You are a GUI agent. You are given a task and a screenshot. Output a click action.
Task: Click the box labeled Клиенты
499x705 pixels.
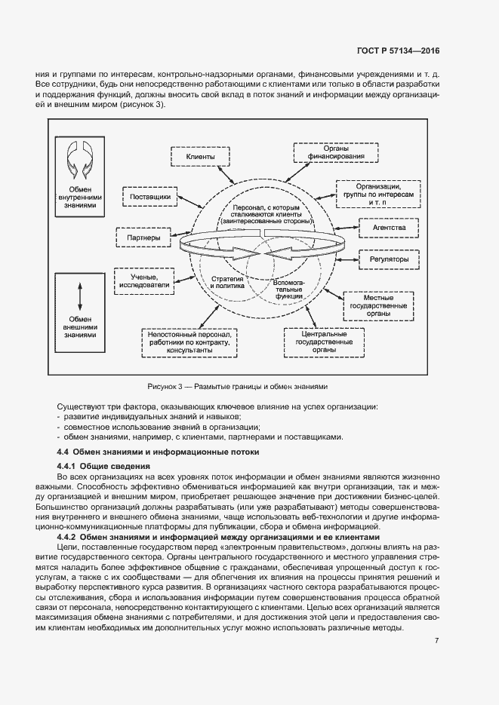click(200, 157)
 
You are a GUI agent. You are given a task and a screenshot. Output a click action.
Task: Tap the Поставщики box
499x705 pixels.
click(149, 197)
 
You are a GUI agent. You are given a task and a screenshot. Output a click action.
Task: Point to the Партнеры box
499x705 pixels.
click(143, 238)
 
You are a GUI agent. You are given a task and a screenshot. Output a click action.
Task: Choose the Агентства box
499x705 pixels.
click(384, 227)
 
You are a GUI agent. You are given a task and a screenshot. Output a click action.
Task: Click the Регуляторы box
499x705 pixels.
click(384, 259)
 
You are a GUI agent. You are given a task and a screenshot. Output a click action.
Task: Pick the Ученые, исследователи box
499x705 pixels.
click(143, 281)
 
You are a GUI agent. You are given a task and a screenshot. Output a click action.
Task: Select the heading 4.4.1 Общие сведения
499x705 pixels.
click(96, 467)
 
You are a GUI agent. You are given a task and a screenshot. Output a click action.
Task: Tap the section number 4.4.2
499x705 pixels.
click(69, 536)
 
